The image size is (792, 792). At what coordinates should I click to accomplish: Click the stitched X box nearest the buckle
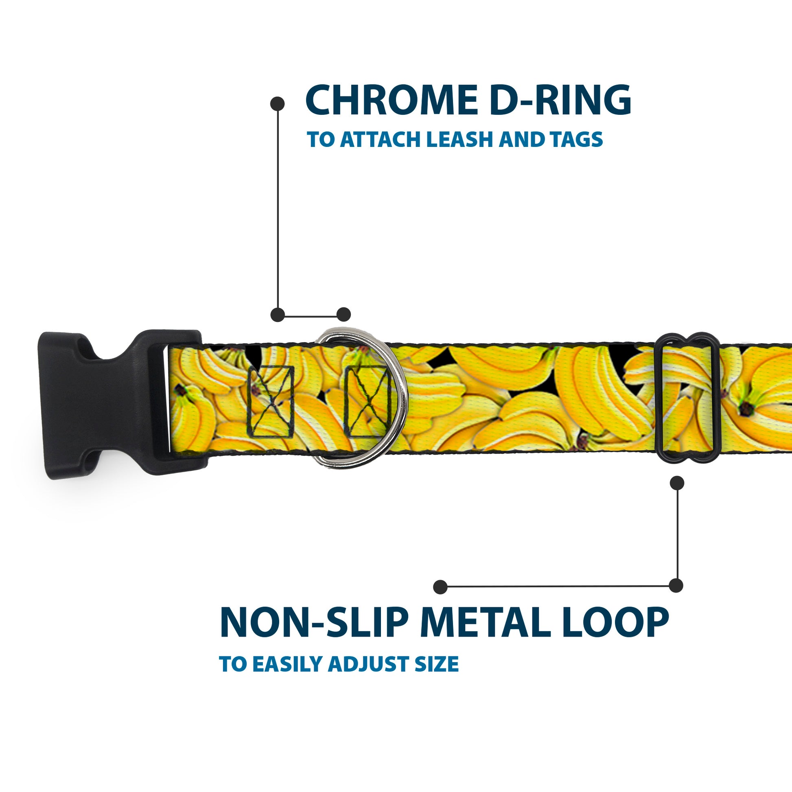coord(270,402)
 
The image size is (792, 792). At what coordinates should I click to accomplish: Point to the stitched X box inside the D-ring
coord(367,402)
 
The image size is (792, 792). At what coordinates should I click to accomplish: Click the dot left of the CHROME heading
coord(278,104)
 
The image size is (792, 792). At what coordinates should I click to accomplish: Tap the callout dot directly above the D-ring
coord(343,315)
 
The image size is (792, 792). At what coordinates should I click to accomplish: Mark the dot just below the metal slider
coord(677,483)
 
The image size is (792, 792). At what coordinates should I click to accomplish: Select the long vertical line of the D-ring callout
coord(278,209)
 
